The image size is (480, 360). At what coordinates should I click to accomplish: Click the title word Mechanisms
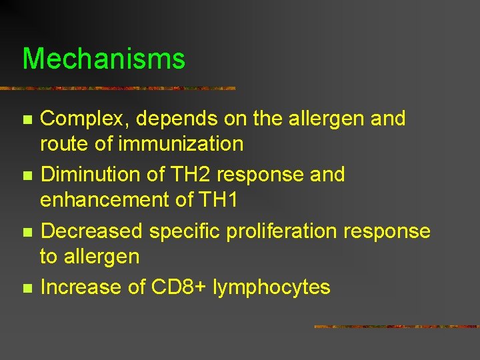(103, 59)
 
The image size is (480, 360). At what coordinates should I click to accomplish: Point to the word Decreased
(91, 231)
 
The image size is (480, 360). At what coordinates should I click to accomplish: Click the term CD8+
(180, 287)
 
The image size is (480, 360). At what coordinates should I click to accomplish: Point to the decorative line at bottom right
(396, 327)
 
